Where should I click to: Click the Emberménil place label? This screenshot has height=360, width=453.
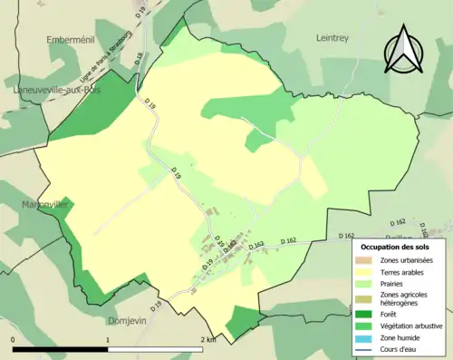click(70, 39)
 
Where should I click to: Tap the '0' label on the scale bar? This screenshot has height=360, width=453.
click(14, 340)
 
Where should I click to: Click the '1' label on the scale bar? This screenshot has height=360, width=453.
click(108, 340)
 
